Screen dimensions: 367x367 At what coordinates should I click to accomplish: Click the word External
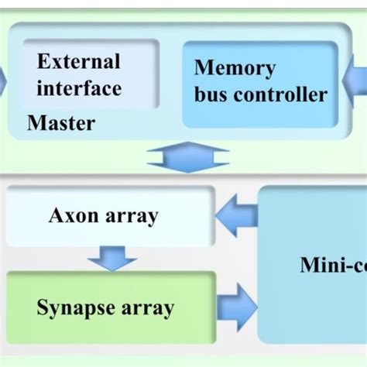click(x=79, y=62)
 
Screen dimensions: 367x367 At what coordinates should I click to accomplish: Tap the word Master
click(x=61, y=122)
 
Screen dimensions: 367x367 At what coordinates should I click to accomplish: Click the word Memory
click(x=235, y=68)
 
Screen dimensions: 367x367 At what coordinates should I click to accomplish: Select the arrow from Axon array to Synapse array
click(x=112, y=256)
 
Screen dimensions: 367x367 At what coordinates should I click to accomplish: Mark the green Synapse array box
click(x=108, y=307)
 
